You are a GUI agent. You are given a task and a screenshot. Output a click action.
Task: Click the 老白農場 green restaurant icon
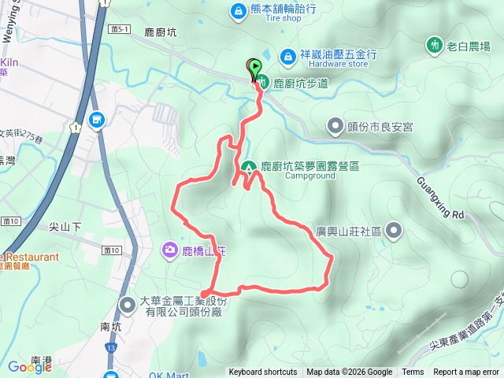pyautogui.click(x=433, y=45)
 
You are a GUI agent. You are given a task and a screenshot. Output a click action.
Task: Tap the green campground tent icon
pyautogui.click(x=248, y=167)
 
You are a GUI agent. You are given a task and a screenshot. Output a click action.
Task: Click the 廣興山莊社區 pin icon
pyautogui.click(x=394, y=232)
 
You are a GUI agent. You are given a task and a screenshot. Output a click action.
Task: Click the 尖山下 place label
pyautogui.click(x=65, y=227)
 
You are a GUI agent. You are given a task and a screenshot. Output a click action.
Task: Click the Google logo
pyautogui.click(x=30, y=367)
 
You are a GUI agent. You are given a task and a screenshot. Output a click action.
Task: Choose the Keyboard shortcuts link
pyautogui.click(x=262, y=372)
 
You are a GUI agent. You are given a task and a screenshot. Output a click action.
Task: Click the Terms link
pyautogui.click(x=413, y=372)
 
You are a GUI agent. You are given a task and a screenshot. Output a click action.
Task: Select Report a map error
pyautogui.click(x=466, y=372)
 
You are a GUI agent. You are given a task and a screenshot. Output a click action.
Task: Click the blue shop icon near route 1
pyautogui.click(x=96, y=120)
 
